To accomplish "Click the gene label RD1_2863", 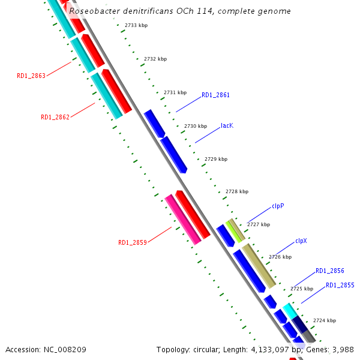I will click(x=31, y=76).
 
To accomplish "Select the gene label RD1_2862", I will click(x=55, y=117).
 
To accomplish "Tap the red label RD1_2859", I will click(x=133, y=242).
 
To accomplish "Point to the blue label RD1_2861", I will click(x=215, y=95).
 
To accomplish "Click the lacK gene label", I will click(x=227, y=125).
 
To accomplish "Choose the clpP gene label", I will click(x=278, y=206).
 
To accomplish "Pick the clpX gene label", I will click(x=301, y=241).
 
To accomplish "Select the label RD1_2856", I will click(x=330, y=271).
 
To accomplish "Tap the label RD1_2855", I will click(x=340, y=285).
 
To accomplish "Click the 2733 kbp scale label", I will click(x=136, y=25).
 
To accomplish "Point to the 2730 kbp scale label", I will click(x=196, y=126).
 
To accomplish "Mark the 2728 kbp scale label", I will click(x=236, y=191).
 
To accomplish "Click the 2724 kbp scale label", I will click(x=325, y=320).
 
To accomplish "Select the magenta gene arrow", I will click(x=183, y=220).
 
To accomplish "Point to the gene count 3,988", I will click(x=343, y=349).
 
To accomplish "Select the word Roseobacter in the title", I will click(x=95, y=11).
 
